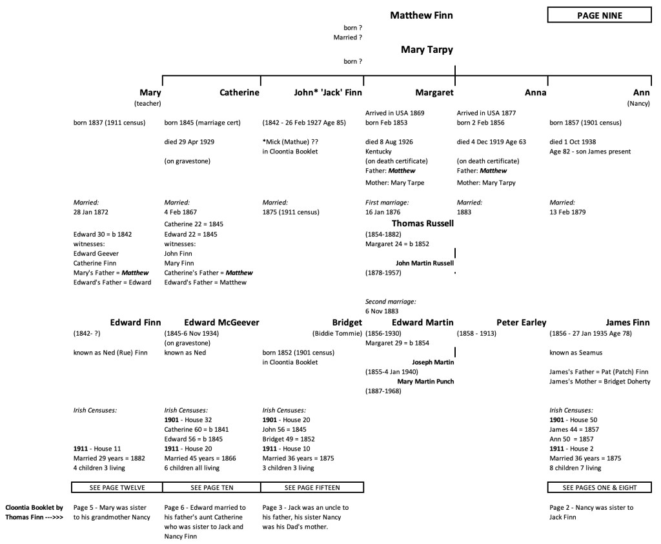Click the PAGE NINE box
coord(599,15)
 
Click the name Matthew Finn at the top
coord(421,15)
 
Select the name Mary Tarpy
coord(427,50)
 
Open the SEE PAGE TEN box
coord(211,487)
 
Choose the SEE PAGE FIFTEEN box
coord(312,487)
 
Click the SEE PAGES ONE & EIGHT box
coord(598,487)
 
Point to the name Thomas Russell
coord(423,224)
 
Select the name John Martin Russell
coord(425,263)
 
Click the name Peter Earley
coord(521,322)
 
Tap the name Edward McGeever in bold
coord(221,322)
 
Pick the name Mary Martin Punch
coord(425,382)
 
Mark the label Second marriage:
coord(391,301)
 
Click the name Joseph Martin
coord(433,362)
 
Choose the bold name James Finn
coord(627,322)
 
